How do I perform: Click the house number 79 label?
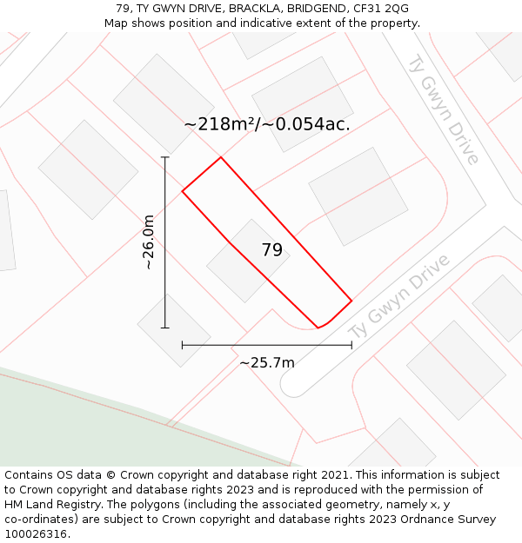point(272,250)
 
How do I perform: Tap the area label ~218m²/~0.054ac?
point(267,124)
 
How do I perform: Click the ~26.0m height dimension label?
point(149,242)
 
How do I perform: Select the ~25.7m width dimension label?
point(266,362)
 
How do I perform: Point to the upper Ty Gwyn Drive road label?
point(444,108)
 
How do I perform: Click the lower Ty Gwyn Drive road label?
point(400,297)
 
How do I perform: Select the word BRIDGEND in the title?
point(316,9)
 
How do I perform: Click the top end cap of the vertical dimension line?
point(165,157)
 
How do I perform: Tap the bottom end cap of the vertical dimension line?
point(165,328)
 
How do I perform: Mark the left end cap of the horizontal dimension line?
point(182,345)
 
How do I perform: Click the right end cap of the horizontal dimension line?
point(351,345)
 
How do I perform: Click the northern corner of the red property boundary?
point(221,157)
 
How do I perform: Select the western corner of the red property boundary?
point(182,191)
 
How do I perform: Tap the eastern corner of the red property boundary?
point(351,301)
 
